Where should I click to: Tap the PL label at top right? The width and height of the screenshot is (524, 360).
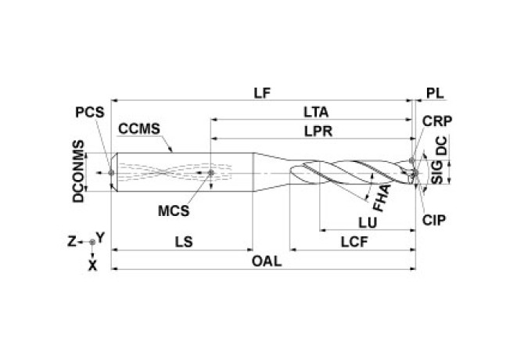[x=435, y=92]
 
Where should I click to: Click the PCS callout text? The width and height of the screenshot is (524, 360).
[x=89, y=113]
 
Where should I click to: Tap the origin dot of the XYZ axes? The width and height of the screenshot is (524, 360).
[x=93, y=242]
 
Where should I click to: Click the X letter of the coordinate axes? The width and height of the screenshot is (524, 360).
[x=93, y=265]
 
